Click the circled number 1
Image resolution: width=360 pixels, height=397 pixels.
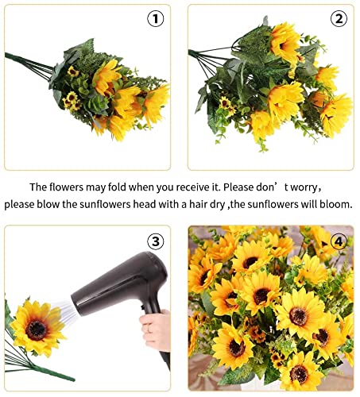[156, 18]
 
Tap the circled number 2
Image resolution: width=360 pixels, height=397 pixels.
[339, 18]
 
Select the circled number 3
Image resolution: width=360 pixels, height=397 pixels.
[156, 241]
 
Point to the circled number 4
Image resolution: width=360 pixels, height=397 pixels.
[339, 241]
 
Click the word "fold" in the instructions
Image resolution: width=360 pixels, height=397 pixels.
[117, 187]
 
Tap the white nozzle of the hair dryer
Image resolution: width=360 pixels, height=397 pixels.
[64, 311]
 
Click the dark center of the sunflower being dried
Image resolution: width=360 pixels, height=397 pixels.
[37, 331]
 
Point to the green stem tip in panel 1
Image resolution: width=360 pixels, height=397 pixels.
[6, 55]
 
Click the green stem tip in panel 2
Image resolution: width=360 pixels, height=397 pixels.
[190, 52]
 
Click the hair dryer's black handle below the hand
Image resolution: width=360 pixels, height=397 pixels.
[165, 359]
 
